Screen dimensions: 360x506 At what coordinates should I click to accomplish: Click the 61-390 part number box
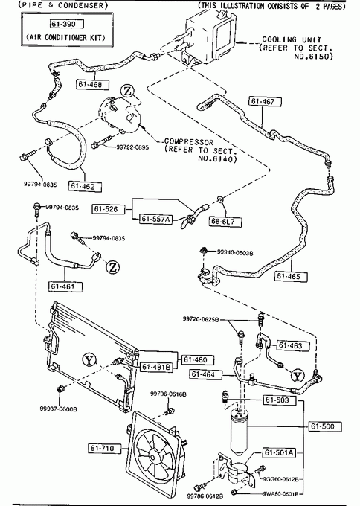(x=67, y=25)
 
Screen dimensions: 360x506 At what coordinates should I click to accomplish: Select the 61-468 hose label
(x=92, y=85)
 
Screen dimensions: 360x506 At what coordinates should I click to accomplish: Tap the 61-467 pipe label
(x=265, y=102)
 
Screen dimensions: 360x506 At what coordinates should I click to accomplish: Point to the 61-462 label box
(x=85, y=186)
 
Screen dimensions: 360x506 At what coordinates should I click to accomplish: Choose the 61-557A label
(x=155, y=219)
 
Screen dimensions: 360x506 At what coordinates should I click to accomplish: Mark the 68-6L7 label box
(x=225, y=222)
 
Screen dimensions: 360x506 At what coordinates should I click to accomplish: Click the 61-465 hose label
(x=291, y=276)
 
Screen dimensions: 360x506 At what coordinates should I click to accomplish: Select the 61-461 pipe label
(x=65, y=286)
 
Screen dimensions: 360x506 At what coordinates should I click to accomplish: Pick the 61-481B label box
(x=156, y=367)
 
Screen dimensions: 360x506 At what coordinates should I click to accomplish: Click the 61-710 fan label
(x=105, y=448)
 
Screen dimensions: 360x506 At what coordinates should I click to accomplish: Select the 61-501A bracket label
(x=280, y=452)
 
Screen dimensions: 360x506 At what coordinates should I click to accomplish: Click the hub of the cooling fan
(x=152, y=458)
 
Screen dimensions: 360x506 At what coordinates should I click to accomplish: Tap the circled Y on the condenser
(x=89, y=360)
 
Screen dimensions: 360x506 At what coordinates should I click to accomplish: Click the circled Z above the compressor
(x=128, y=92)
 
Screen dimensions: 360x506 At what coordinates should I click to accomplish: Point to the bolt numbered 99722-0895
(x=102, y=144)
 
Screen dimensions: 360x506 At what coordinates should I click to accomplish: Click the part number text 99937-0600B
(x=58, y=409)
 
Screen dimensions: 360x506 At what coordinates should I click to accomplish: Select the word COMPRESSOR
(x=189, y=142)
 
